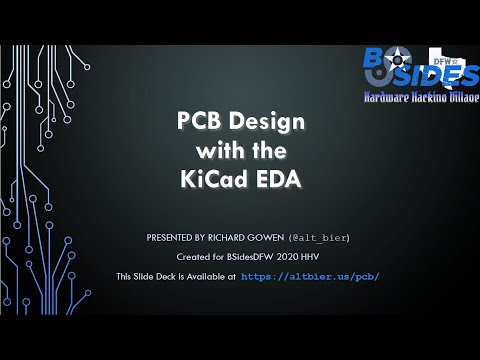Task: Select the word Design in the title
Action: pyautogui.click(x=264, y=123)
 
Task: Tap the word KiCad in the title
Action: pyautogui.click(x=212, y=180)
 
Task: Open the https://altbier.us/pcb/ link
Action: pyautogui.click(x=311, y=276)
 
